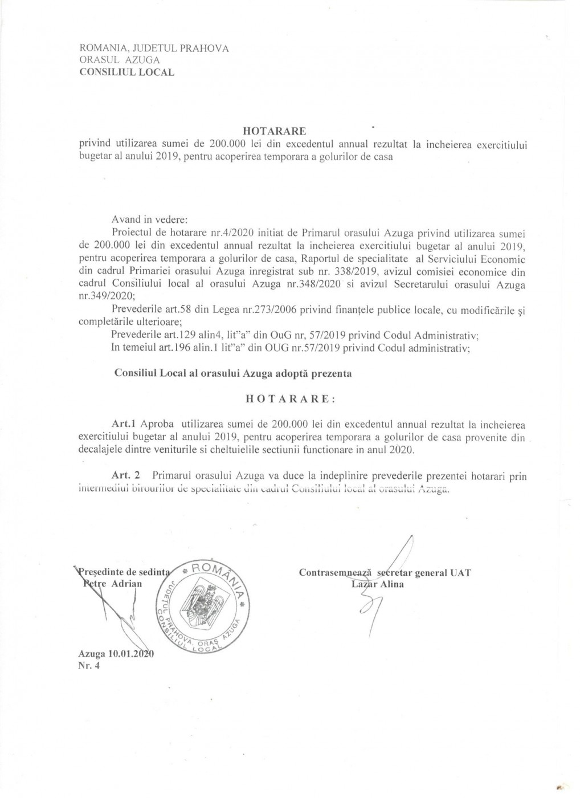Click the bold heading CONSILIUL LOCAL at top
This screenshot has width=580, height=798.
[x=126, y=72]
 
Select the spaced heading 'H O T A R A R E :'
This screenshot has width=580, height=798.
[x=290, y=399]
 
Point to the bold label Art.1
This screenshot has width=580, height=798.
[x=125, y=425]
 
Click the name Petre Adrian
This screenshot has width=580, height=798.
[x=111, y=584]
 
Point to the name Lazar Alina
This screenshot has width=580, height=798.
[x=378, y=584]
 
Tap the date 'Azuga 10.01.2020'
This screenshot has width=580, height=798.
[x=117, y=654]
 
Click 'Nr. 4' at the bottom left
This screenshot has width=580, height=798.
[x=89, y=667]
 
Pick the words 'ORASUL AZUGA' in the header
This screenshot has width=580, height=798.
[x=119, y=60]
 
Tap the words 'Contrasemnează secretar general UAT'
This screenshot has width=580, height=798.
[x=385, y=573]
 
